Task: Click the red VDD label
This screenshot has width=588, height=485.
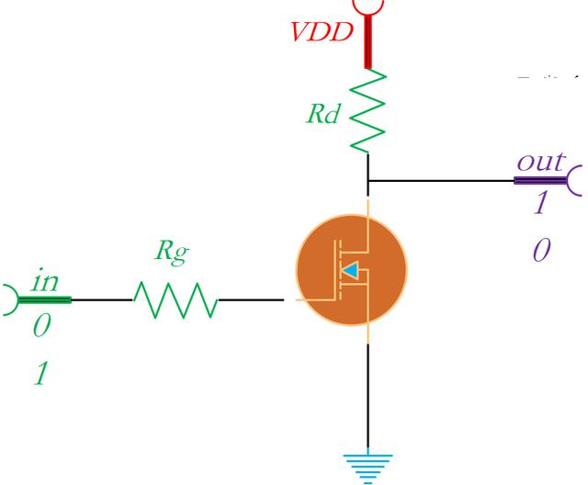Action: pos(322,33)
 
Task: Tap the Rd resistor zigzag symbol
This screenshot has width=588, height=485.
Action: pos(369,112)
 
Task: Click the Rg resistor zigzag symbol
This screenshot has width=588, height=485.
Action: pos(175,299)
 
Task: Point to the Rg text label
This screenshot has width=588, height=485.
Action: pos(172,254)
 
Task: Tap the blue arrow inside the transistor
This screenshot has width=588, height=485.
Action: pos(352,270)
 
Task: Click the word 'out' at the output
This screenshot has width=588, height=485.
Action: pos(540,162)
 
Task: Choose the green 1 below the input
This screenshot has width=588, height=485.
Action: pos(40,374)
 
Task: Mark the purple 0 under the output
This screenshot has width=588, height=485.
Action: pos(541,250)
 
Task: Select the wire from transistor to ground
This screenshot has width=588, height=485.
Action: pos(368,395)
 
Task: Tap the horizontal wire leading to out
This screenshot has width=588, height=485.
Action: pos(441,180)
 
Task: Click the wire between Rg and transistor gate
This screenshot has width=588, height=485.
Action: pos(251,299)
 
